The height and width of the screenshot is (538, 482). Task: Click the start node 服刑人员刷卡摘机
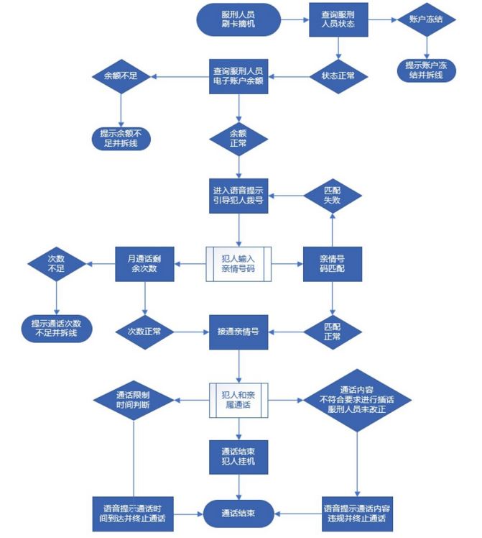238,20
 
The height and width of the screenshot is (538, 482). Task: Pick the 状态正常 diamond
338,74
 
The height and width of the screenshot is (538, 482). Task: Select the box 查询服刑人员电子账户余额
238,76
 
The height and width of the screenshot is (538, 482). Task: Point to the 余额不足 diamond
120,76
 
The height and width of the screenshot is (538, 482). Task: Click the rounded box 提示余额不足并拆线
120,137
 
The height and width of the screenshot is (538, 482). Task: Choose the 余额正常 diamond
238,137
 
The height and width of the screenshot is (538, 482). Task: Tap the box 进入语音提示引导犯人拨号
238,195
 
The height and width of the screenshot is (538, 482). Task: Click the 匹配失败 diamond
332,195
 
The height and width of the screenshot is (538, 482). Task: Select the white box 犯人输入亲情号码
238,264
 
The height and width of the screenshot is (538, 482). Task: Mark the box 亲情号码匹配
332,264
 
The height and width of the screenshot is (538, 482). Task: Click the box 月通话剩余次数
144,264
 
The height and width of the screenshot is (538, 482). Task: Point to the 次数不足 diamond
55,264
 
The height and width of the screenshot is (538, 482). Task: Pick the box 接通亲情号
238,332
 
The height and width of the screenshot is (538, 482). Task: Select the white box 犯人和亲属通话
238,399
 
